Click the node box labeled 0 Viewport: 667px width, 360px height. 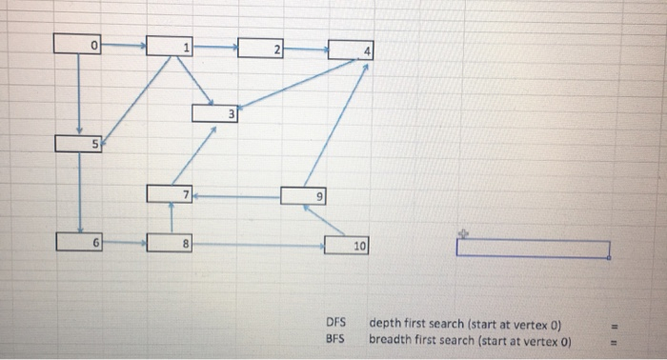point(77,44)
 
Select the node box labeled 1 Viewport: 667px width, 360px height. point(171,46)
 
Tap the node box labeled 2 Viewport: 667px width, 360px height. point(261,49)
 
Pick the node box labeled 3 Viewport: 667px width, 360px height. point(216,113)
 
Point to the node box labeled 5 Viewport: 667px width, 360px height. point(79,144)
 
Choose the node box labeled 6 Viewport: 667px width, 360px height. point(79,242)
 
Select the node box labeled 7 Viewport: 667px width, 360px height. point(171,193)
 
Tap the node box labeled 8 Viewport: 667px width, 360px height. point(171,243)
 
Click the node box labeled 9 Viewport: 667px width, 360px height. point(305,195)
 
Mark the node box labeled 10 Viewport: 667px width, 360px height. point(349,246)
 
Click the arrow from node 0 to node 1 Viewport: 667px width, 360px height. point(124,44)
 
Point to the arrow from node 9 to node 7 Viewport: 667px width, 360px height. point(238,196)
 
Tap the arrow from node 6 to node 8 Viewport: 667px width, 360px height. point(125,243)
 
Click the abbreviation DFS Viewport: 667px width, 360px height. point(335,322)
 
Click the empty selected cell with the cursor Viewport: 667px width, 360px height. point(533,249)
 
